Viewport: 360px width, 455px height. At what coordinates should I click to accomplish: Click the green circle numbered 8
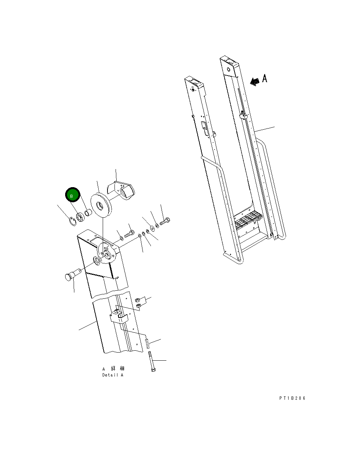point(73,195)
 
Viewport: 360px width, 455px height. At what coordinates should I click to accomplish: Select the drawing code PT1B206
point(292,398)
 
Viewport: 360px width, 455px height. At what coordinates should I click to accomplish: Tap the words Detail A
point(113,375)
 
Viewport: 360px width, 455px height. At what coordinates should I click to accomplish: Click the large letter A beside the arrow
point(265,78)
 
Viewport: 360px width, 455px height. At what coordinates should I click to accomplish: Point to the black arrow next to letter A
point(255,82)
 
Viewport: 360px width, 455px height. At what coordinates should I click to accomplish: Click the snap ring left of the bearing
point(73,221)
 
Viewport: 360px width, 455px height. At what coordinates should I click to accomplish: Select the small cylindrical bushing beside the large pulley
point(88,213)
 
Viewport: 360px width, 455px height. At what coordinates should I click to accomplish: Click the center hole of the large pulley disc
point(99,206)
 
